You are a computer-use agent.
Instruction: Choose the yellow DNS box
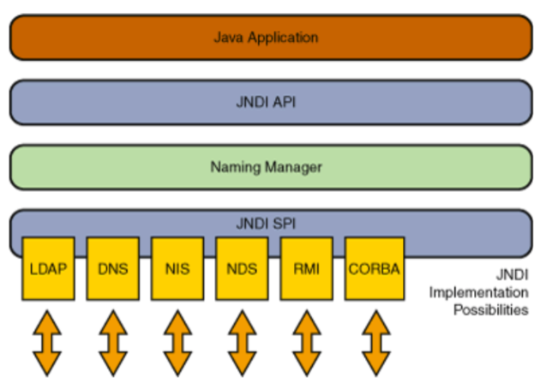112,267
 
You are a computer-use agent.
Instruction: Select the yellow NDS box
242,267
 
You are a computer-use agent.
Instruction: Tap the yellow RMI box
307,267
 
